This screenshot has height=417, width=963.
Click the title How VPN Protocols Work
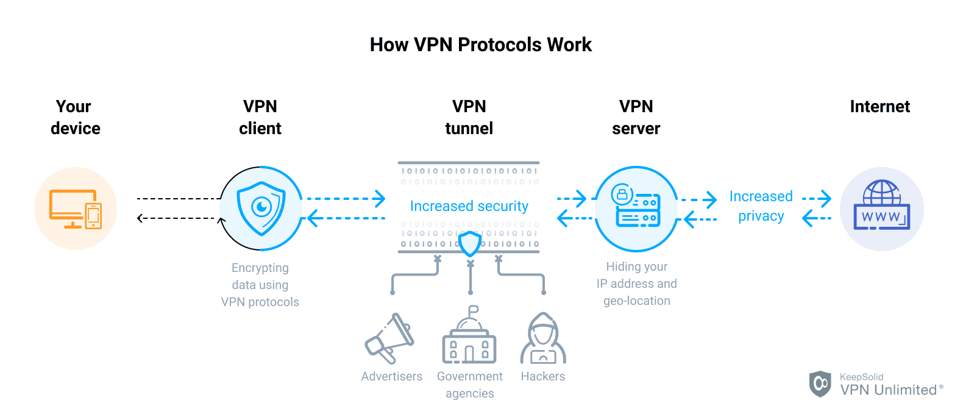pos(480,45)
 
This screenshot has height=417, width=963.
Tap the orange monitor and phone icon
pos(76,208)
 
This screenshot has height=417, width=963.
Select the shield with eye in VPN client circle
pos(261,208)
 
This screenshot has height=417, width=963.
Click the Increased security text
pos(469,206)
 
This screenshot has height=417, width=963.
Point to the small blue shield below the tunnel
pos(470,244)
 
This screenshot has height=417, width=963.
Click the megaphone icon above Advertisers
pos(389,338)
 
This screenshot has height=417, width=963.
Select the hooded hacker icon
pos(542,339)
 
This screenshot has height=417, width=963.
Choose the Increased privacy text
pos(761,206)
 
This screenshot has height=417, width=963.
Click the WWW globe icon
pos(881,205)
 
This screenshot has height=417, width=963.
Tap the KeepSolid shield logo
pos(820,383)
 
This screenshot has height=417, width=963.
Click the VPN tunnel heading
pos(469,117)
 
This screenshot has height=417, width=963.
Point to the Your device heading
pos(75,117)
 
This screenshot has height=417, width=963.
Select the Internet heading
pos(879,107)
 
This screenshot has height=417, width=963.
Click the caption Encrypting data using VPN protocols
pos(260,285)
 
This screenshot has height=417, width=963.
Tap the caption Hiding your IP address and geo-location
pos(636,283)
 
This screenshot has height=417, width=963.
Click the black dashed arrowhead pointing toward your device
pos(141,218)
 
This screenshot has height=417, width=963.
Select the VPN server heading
pos(636,117)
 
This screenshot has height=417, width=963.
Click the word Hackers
pos(542,376)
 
